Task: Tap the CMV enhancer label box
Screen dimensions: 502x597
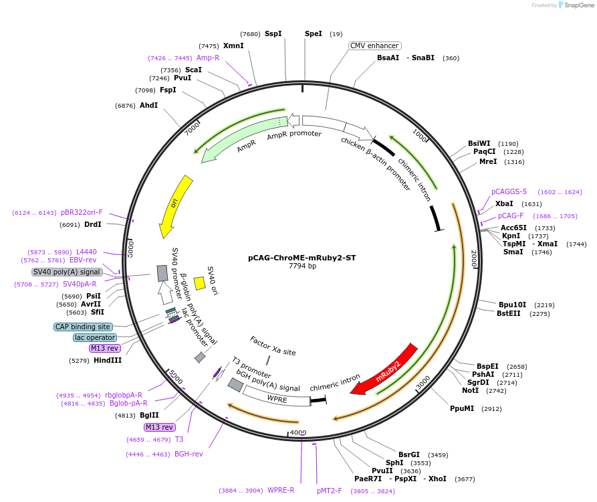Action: (375, 46)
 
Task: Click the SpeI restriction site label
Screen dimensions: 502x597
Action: (313, 33)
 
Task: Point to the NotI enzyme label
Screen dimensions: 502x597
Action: (470, 390)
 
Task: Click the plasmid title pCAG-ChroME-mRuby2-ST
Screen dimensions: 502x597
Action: (302, 257)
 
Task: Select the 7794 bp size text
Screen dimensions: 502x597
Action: (302, 266)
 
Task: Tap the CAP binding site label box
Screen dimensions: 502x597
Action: (83, 327)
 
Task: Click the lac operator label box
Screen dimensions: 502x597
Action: (94, 337)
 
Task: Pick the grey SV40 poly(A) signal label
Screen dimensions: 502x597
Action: (67, 272)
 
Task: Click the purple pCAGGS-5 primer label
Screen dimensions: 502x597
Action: (509, 191)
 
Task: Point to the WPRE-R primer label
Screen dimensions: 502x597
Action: (281, 490)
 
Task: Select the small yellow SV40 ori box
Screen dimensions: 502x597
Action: (199, 283)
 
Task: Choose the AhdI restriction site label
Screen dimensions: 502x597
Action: (148, 105)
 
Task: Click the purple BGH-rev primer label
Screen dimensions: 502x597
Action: (189, 454)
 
